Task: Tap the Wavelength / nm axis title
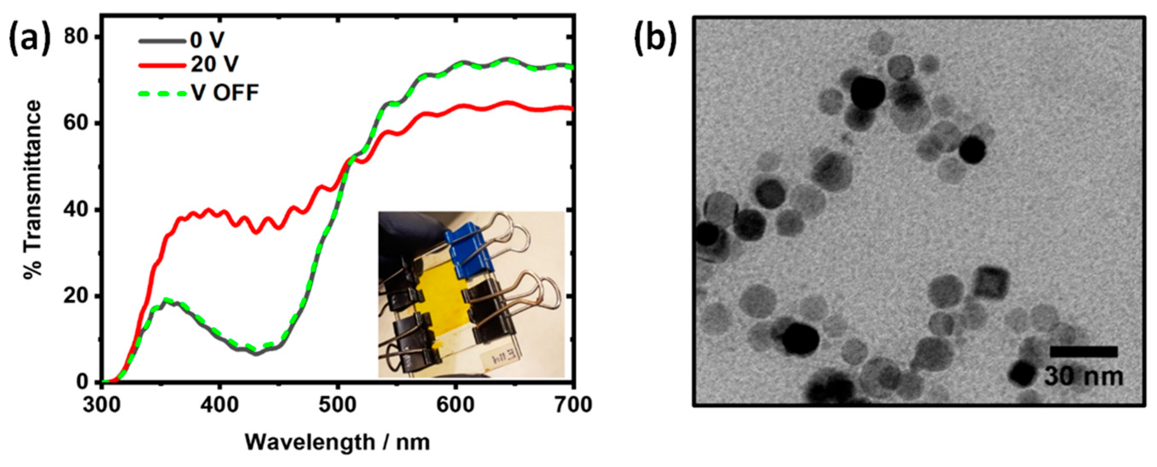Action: pos(337,443)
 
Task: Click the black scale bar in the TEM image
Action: pos(1083,351)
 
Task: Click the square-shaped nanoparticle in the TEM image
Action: pos(992,283)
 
